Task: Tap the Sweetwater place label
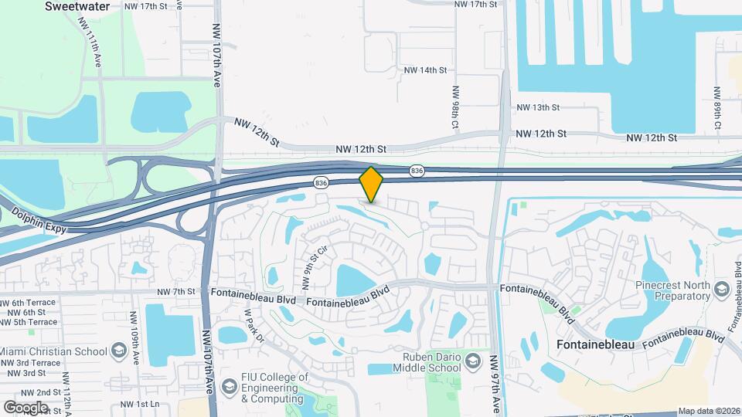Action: coord(77,6)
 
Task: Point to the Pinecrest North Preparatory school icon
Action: coord(723,290)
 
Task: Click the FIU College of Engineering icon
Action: coord(229,385)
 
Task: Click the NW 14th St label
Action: coord(425,70)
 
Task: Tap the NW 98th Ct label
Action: coord(454,107)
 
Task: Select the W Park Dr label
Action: coord(254,325)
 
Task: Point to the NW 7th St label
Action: coord(176,292)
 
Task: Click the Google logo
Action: coord(26,408)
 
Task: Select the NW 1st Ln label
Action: coord(140,405)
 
